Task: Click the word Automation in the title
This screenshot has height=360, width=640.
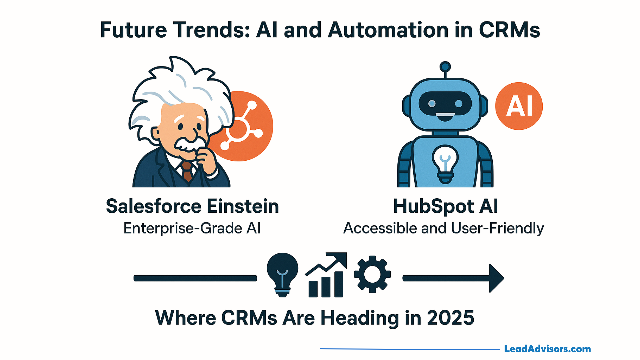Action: [388, 30]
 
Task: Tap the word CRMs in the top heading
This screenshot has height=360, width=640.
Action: [509, 30]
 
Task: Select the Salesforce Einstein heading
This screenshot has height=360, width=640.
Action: [192, 206]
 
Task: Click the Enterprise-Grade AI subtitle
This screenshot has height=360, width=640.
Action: [192, 228]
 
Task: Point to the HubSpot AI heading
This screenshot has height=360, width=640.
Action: [446, 206]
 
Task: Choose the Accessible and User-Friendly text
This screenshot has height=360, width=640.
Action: [444, 229]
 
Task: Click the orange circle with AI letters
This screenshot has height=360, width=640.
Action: [519, 106]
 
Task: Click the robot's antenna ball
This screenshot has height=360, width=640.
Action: [445, 67]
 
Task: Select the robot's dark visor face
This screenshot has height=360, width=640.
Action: [445, 104]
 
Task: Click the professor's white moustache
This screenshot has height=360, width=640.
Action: [189, 144]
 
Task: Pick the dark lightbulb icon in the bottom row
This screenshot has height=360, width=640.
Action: [282, 275]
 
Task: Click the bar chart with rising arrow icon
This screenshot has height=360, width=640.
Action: [326, 275]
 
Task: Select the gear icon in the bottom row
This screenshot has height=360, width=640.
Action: [372, 274]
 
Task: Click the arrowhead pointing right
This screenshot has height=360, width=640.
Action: [496, 278]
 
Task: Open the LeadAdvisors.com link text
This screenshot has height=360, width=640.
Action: [547, 349]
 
